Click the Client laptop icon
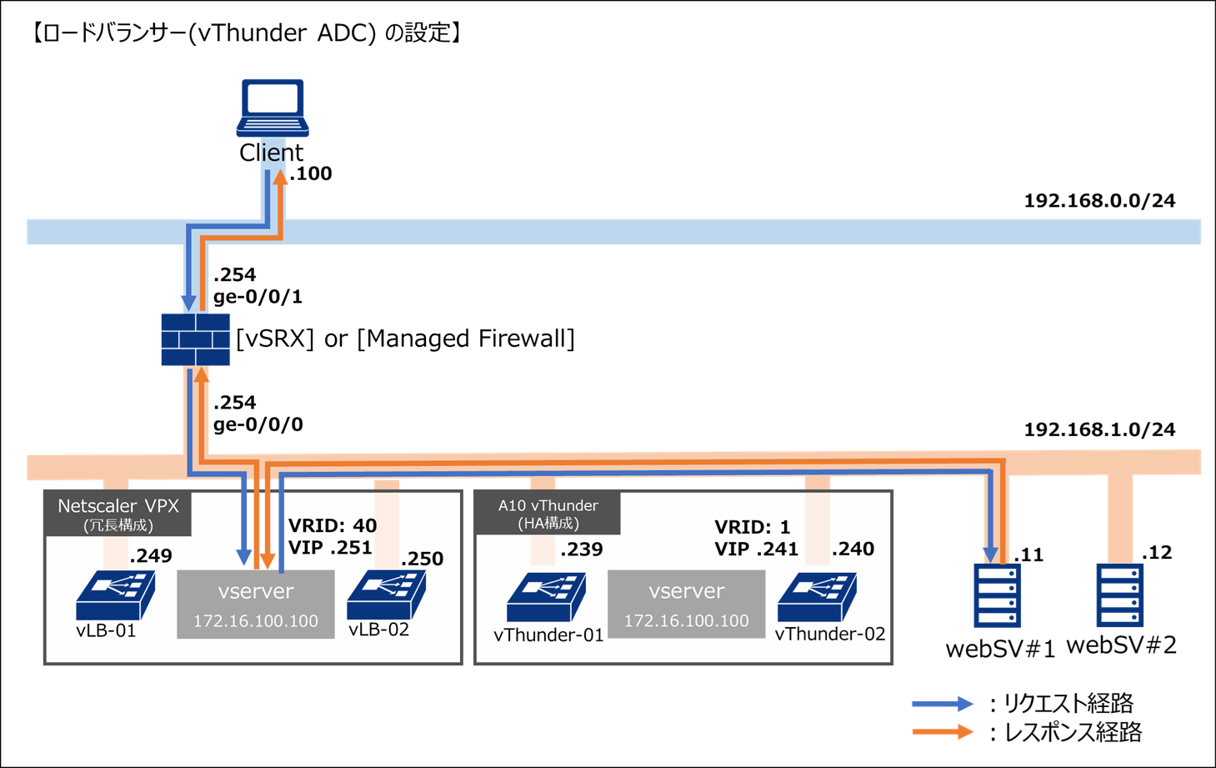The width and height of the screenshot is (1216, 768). pyautogui.click(x=272, y=108)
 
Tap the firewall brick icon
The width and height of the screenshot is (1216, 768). pyautogui.click(x=195, y=339)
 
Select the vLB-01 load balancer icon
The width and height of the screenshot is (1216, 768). pyautogui.click(x=115, y=595)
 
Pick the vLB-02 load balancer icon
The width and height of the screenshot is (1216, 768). pyautogui.click(x=386, y=595)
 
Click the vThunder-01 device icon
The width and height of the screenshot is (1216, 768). pyautogui.click(x=546, y=597)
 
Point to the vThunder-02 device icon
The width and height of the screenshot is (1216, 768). pyautogui.click(x=817, y=597)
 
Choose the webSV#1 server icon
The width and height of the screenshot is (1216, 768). pyautogui.click(x=997, y=595)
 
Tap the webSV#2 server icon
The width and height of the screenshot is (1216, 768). pyautogui.click(x=1119, y=595)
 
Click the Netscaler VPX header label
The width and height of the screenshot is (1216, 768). pyautogui.click(x=118, y=514)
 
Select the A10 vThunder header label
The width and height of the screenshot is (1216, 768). pyautogui.click(x=548, y=514)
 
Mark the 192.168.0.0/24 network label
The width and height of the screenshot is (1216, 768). pyautogui.click(x=1099, y=201)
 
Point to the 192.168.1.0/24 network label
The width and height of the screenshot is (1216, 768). pyautogui.click(x=1099, y=429)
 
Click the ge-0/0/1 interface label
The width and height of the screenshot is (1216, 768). pyautogui.click(x=258, y=297)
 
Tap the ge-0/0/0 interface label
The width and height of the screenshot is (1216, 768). pyautogui.click(x=258, y=424)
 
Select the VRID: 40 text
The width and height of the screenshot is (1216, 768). pyautogui.click(x=332, y=526)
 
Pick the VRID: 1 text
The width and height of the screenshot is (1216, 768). pyautogui.click(x=752, y=527)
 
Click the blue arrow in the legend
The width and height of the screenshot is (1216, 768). pyautogui.click(x=943, y=704)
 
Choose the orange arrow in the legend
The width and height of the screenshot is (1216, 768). pyautogui.click(x=943, y=732)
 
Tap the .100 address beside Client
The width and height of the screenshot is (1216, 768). pyautogui.click(x=311, y=173)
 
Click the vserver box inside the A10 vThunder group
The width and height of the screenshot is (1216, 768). pyautogui.click(x=686, y=604)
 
